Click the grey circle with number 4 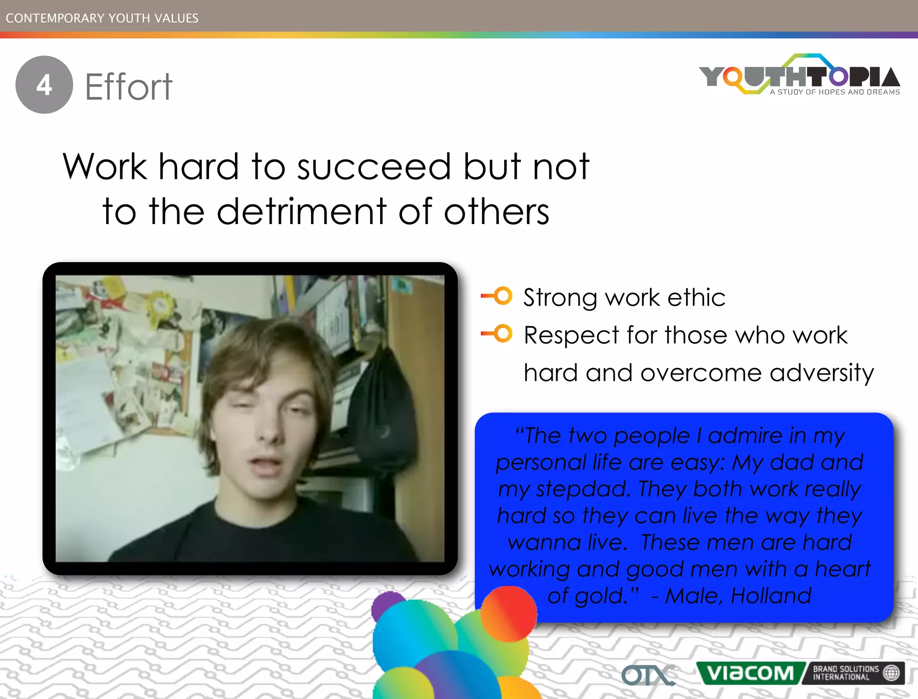[x=44, y=85]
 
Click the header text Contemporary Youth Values [x=102, y=18]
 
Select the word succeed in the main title [x=374, y=167]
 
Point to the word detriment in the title [x=302, y=211]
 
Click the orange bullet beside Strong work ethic [x=502, y=296]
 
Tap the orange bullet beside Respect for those [x=502, y=333]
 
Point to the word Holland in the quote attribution [x=771, y=596]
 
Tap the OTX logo [x=648, y=674]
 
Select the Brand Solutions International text [x=845, y=673]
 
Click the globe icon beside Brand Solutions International [x=891, y=673]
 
